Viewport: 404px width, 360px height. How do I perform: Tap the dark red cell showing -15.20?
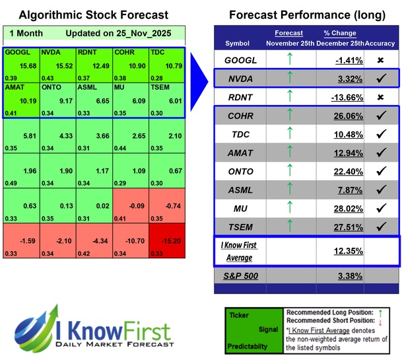click(x=167, y=242)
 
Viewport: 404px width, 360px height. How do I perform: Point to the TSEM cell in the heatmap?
click(x=167, y=100)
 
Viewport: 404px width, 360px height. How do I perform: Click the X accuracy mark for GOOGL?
click(x=381, y=60)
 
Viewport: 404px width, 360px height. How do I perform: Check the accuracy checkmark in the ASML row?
click(x=381, y=190)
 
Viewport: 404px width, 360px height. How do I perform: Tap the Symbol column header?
click(x=238, y=44)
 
